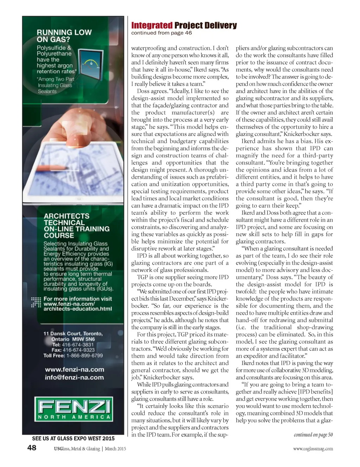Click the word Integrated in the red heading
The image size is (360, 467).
tap(152, 25)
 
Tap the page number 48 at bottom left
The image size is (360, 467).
tap(32, 447)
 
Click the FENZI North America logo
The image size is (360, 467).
tap(74, 409)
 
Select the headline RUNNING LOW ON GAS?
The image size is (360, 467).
tap(64, 36)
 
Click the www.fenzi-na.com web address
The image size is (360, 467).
tap(75, 369)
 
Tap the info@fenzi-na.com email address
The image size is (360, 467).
tap(74, 377)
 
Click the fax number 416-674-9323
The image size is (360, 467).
tap(78, 350)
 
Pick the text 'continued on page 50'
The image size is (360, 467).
tap(313, 435)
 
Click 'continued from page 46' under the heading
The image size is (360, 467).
tap(161, 33)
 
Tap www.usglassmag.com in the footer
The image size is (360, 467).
tap(313, 449)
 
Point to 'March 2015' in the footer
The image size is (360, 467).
tap(115, 449)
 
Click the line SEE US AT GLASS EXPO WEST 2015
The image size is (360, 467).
tap(73, 438)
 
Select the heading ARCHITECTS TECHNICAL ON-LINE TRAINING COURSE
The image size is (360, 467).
tap(76, 226)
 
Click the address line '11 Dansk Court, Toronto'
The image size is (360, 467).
tap(73, 333)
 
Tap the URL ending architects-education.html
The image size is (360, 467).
tap(77, 309)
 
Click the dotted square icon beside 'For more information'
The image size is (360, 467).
tap(36, 302)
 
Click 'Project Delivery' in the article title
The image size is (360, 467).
tap(205, 25)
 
